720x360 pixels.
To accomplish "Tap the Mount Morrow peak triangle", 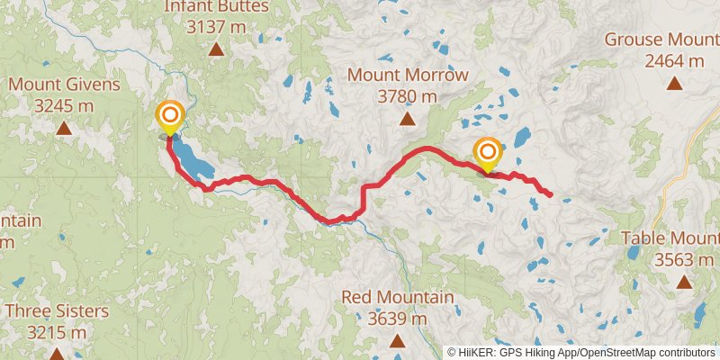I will pyautogui.click(x=407, y=118).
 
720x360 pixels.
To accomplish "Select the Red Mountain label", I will pyautogui.click(x=397, y=297).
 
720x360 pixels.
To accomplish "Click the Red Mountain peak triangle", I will pyautogui.click(x=397, y=340).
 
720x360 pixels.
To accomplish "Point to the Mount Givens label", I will pyautogui.click(x=64, y=85).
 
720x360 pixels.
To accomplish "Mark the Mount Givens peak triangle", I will pyautogui.click(x=64, y=128).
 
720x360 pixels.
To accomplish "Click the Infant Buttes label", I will pyautogui.click(x=216, y=7).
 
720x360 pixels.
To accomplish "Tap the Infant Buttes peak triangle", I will pyautogui.click(x=216, y=49).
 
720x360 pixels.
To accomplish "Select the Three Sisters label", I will pyautogui.click(x=56, y=311).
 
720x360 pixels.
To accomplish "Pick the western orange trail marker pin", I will pyautogui.click(x=169, y=117).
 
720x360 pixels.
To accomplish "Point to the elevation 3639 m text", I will pyautogui.click(x=397, y=318).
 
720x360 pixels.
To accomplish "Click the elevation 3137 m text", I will pyautogui.click(x=216, y=27).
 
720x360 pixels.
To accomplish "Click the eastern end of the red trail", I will pyautogui.click(x=550, y=194).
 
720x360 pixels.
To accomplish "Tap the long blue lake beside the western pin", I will pyautogui.click(x=191, y=157).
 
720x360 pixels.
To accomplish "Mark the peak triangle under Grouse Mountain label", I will pyautogui.click(x=675, y=84).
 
